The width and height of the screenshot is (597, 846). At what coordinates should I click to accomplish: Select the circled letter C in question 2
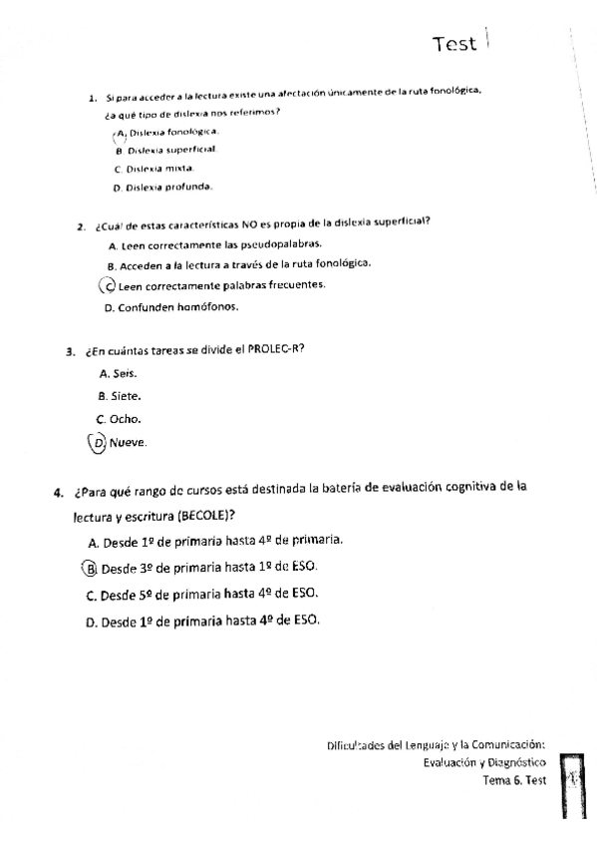pos(109,285)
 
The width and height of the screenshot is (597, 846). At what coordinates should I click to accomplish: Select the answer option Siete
pos(128,396)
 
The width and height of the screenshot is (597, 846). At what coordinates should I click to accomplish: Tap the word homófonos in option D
pos(206,307)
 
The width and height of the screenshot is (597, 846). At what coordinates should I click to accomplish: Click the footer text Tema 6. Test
pos(513,780)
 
